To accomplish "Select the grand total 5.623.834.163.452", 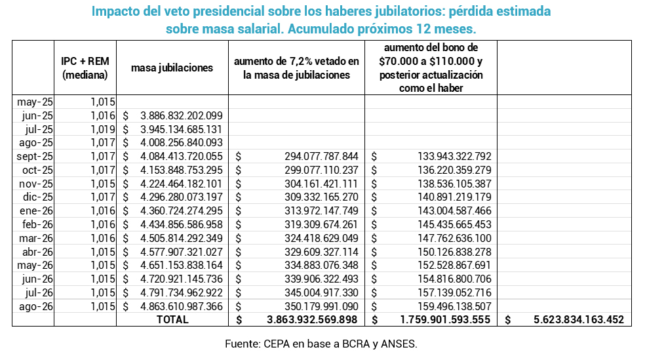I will point(579,319).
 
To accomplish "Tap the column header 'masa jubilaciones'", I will point(172,68).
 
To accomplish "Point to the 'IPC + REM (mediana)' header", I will point(85,68).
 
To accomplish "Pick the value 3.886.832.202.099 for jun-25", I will point(182,115).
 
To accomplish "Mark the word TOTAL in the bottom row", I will point(172,319).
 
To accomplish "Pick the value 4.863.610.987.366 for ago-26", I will point(182,306).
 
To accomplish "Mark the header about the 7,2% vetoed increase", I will point(296,68).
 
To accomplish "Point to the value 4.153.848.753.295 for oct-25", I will point(182,170).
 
